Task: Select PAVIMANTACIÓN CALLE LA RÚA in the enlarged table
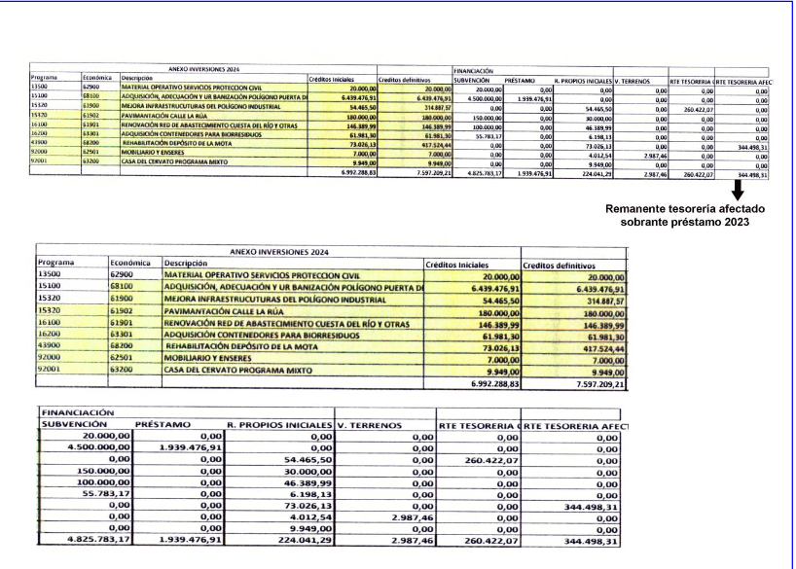tap(225, 310)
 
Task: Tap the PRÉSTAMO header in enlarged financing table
tap(165, 424)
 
